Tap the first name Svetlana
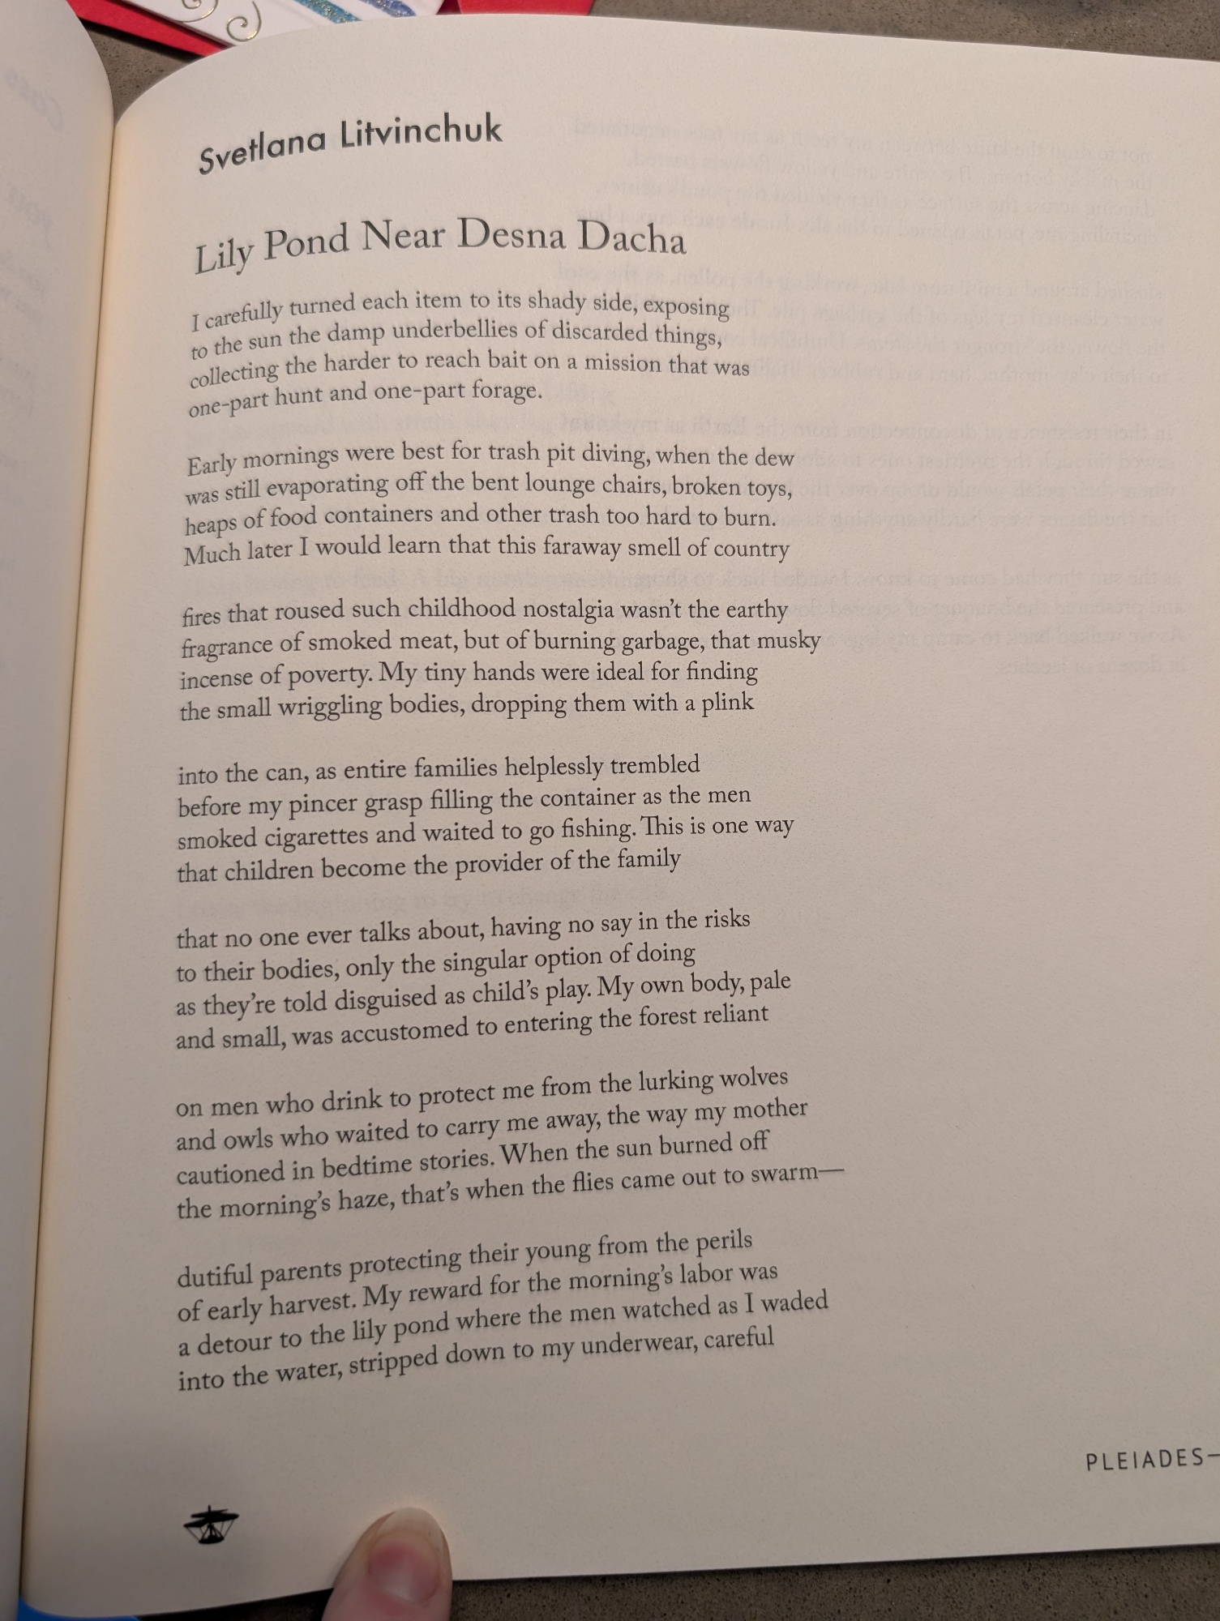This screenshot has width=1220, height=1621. pos(262,151)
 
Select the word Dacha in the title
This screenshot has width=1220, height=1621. pos(631,237)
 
